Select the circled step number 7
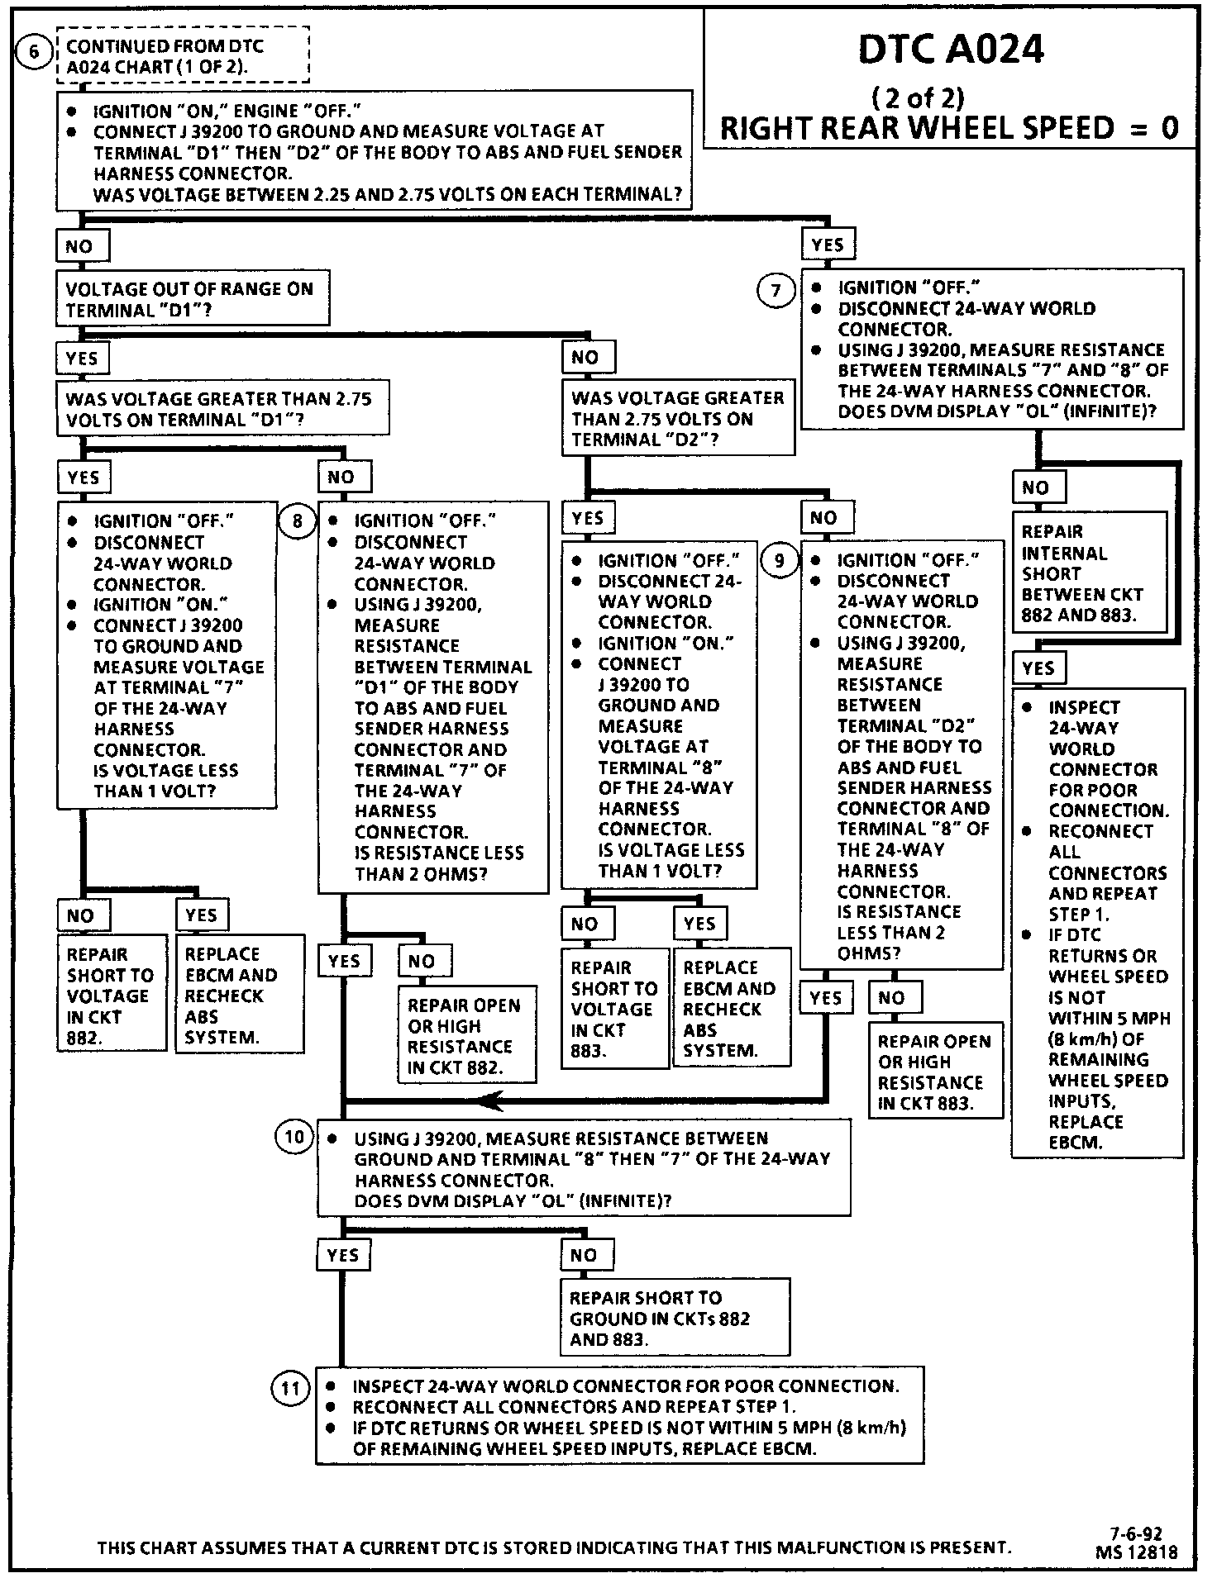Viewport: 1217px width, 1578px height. point(776,290)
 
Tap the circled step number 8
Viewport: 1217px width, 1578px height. point(297,520)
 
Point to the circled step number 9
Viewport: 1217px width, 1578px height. point(779,560)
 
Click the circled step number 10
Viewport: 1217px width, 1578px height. point(294,1138)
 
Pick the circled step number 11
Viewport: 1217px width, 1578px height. point(290,1388)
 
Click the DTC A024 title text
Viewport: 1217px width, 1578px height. point(951,50)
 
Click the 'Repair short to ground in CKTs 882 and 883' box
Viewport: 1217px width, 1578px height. point(672,1319)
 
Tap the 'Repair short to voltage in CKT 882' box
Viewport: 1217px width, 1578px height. point(112,995)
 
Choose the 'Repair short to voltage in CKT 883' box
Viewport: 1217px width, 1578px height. point(614,1008)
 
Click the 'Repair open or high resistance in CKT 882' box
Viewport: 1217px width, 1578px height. point(466,1036)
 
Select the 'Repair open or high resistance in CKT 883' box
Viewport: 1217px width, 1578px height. point(935,1072)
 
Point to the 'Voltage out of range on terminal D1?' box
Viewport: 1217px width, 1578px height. point(192,299)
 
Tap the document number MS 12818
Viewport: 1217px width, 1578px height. point(1136,1552)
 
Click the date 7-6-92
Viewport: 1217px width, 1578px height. point(1136,1535)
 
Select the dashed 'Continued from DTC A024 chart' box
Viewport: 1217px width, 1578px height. point(183,56)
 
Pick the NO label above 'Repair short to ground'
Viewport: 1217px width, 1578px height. point(584,1255)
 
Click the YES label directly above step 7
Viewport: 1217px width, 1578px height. point(828,245)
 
